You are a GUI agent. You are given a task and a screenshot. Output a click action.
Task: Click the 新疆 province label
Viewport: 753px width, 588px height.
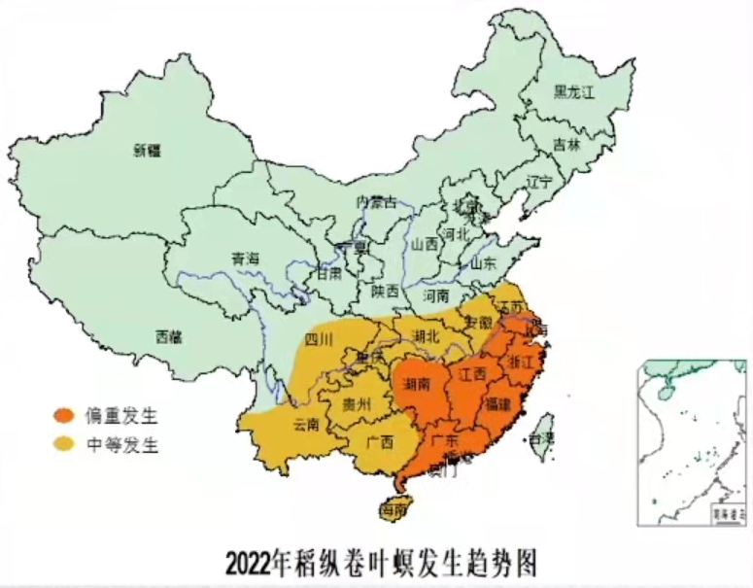147,150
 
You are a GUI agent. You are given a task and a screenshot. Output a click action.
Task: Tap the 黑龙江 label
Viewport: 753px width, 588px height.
573,91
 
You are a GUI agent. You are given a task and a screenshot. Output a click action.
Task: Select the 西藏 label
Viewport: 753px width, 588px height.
168,336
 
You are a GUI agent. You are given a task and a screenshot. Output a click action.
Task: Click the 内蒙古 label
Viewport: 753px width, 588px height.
377,202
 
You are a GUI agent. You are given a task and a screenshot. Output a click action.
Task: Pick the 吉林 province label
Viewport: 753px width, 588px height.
565,144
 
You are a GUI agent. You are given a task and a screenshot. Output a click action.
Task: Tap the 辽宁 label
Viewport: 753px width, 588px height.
537,182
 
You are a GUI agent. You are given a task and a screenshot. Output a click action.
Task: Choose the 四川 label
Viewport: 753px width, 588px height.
319,339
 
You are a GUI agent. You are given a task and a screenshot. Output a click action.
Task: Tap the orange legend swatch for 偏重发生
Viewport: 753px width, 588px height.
64,417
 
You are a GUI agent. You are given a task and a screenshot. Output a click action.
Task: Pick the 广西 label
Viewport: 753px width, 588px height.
380,441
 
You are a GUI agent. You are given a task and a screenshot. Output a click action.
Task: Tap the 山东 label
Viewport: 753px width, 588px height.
483,263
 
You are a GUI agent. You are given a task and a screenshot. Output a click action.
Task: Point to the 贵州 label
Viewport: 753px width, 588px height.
357,404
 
